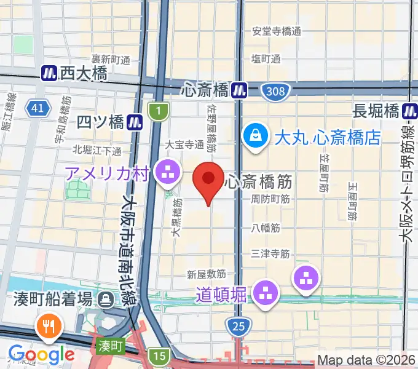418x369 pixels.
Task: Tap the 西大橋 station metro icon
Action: [x=49, y=74]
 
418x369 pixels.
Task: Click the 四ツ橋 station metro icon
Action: [x=135, y=122]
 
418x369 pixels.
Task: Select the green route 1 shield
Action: [x=159, y=112]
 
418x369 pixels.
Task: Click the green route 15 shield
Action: [x=159, y=355]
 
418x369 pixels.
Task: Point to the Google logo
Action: [x=41, y=354]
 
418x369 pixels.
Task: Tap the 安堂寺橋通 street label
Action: [x=277, y=31]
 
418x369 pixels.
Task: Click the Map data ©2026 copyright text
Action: [x=366, y=360]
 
